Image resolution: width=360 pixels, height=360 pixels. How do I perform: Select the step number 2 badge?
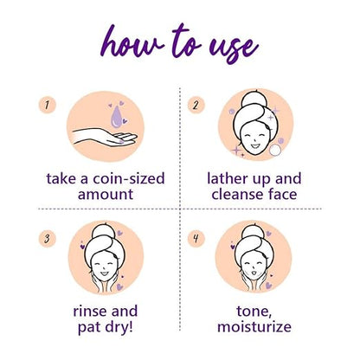pos(198,106)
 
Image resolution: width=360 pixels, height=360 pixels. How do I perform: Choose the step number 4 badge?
pos(198,236)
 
